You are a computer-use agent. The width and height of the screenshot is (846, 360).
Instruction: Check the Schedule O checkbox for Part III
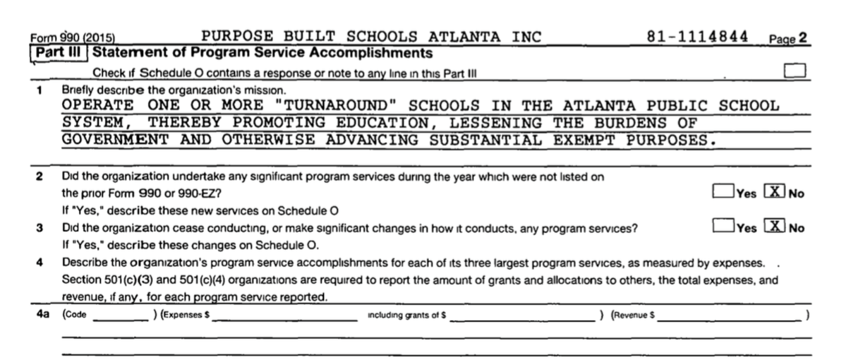[x=794, y=70]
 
